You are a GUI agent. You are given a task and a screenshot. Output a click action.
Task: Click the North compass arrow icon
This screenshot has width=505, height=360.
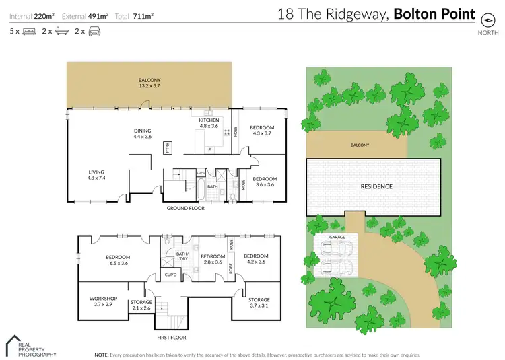(x=483, y=20)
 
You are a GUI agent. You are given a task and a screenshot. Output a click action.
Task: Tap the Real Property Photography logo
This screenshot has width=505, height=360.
(x=30, y=346)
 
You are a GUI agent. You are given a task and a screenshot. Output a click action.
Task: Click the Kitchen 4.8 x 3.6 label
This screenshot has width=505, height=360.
(x=209, y=122)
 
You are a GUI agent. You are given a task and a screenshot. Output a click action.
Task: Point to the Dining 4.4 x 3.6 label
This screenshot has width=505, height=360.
(x=142, y=133)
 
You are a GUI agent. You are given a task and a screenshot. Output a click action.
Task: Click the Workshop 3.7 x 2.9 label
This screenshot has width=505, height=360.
(x=103, y=301)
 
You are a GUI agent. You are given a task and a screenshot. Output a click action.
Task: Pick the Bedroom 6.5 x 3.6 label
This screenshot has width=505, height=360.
(x=117, y=260)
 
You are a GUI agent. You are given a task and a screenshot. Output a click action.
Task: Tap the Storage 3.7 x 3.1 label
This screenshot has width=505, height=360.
(x=259, y=303)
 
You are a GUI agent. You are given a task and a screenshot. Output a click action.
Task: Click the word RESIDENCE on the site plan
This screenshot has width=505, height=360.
(x=376, y=186)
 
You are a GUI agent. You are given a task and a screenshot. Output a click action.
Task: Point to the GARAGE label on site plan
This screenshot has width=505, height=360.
(x=337, y=238)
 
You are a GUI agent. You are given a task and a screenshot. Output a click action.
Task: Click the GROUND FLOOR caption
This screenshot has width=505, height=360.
(x=186, y=208)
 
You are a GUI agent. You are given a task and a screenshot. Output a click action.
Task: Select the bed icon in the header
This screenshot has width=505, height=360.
(x=29, y=32)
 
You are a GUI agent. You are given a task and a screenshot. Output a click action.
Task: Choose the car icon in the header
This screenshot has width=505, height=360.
(x=94, y=32)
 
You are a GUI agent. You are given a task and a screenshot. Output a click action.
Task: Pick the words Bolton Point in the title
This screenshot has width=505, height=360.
(x=434, y=13)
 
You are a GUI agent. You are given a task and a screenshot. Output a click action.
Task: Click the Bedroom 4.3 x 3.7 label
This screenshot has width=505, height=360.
(x=262, y=131)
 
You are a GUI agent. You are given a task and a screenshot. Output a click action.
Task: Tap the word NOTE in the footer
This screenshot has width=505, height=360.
(x=101, y=354)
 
